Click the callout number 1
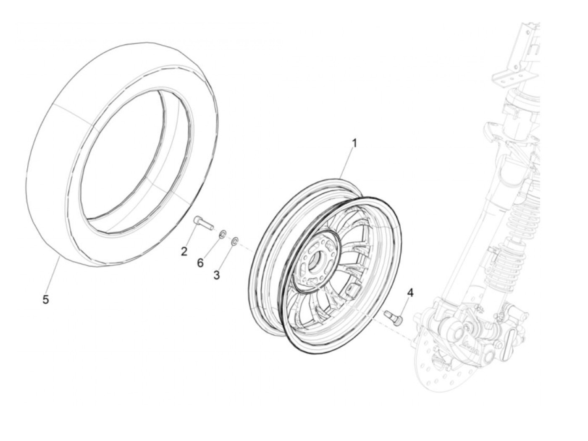coord(354,143)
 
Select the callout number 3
coord(217,275)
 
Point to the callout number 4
coord(410,293)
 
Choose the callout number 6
coord(200,263)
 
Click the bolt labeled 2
coord(203,222)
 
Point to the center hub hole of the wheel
coord(314,263)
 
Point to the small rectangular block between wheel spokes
coord(353,289)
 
